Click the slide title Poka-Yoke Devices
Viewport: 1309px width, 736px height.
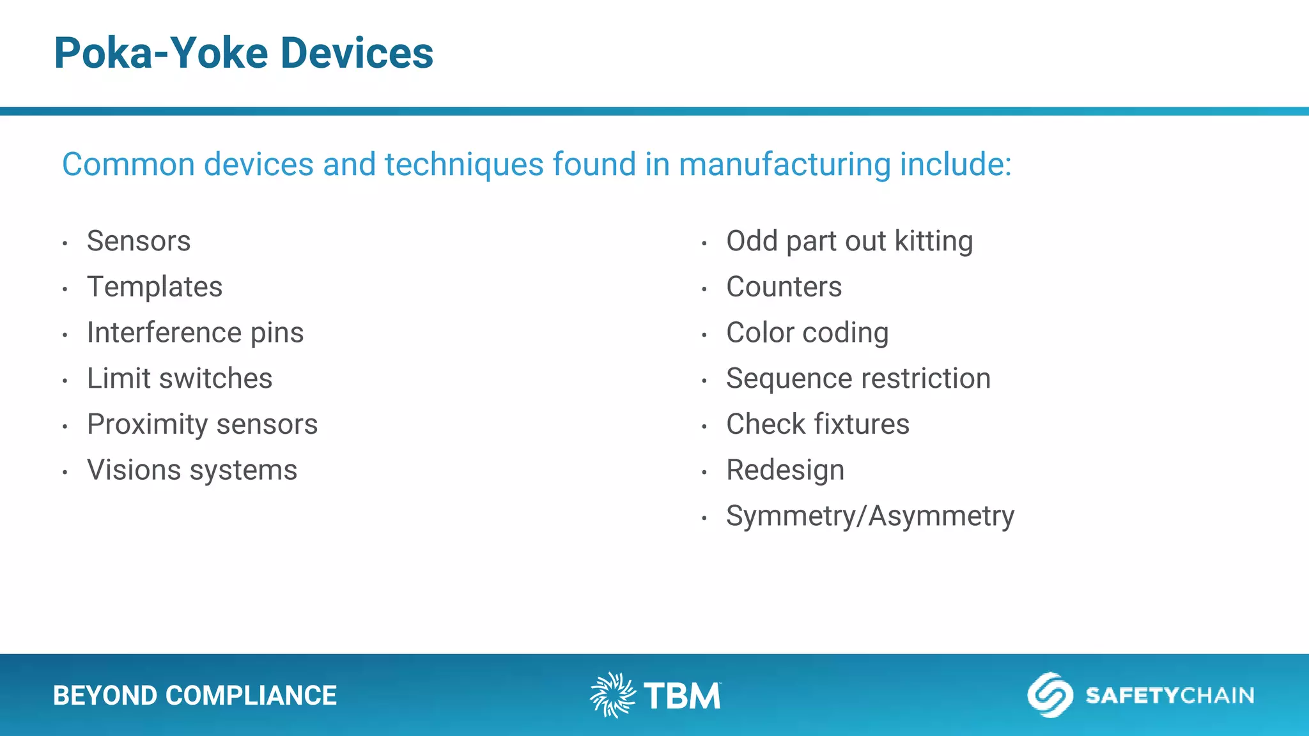(x=244, y=53)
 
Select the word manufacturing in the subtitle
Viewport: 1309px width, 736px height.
(x=784, y=164)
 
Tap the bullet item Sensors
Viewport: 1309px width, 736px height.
(x=139, y=241)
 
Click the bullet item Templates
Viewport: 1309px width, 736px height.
(x=155, y=287)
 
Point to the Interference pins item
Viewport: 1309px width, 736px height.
(x=195, y=333)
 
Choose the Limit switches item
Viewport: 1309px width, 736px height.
(x=180, y=378)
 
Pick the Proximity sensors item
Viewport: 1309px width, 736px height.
(x=202, y=424)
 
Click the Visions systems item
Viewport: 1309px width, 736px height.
(x=192, y=470)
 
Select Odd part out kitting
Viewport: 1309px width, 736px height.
(x=849, y=241)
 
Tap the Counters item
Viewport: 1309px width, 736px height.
(x=784, y=287)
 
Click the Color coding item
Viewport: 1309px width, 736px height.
(x=807, y=333)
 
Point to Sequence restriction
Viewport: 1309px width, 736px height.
(x=858, y=378)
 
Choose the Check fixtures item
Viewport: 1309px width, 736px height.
(x=817, y=424)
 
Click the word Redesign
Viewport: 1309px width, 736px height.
(x=785, y=470)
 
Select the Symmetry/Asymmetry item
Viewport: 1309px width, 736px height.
(x=869, y=516)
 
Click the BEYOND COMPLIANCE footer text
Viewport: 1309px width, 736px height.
(x=194, y=696)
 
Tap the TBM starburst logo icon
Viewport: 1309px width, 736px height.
(x=612, y=695)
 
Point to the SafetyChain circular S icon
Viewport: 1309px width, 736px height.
(x=1050, y=695)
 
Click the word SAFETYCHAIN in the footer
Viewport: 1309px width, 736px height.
(x=1170, y=695)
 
